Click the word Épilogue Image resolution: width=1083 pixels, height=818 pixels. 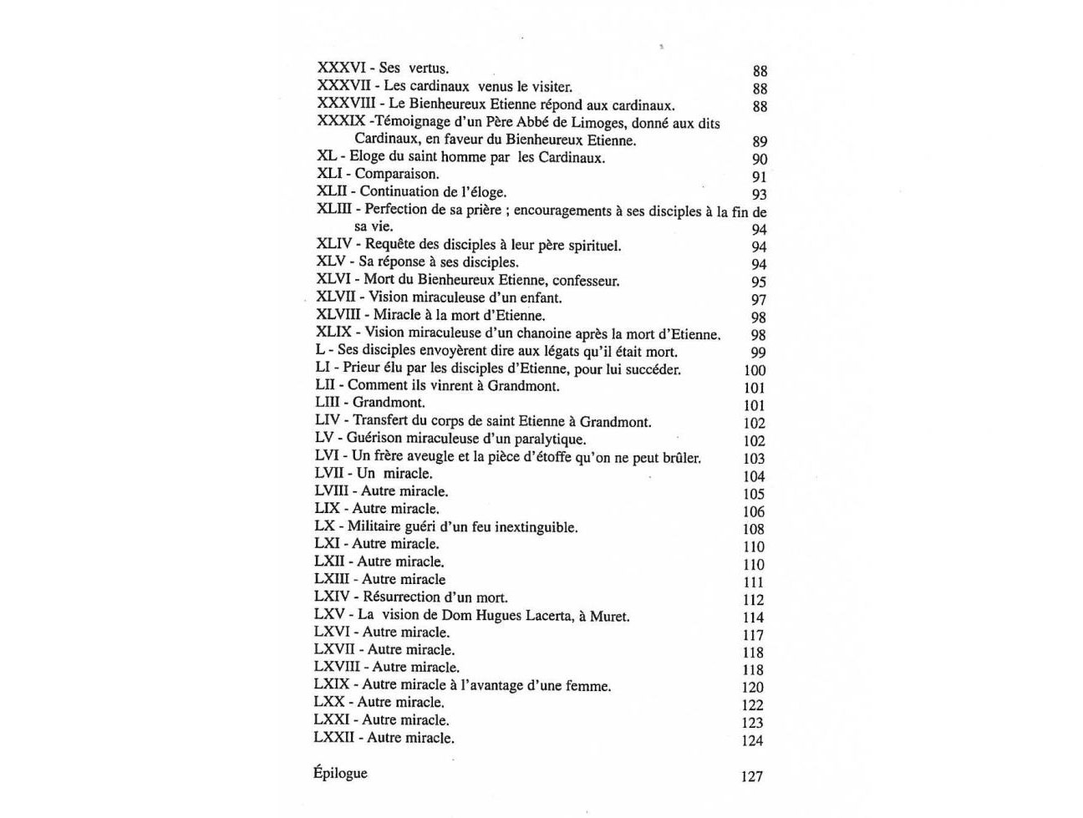[340, 773]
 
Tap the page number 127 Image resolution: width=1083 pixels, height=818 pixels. [751, 776]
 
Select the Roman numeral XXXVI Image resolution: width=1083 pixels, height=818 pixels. [341, 68]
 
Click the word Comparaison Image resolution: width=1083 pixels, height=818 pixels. [396, 174]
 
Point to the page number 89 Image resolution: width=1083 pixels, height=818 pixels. [759, 141]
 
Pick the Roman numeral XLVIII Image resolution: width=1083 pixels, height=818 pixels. [338, 315]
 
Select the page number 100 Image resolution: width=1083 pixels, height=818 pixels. [755, 370]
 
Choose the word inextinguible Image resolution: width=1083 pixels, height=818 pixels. [536, 527]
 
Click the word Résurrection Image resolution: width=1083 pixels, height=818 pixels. [403, 597]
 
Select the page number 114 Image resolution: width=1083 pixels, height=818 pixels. [753, 617]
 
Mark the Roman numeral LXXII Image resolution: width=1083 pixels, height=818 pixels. [336, 738]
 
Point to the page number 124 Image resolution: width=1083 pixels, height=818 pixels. [752, 740]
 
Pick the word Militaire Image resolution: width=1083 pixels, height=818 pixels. [376, 526]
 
